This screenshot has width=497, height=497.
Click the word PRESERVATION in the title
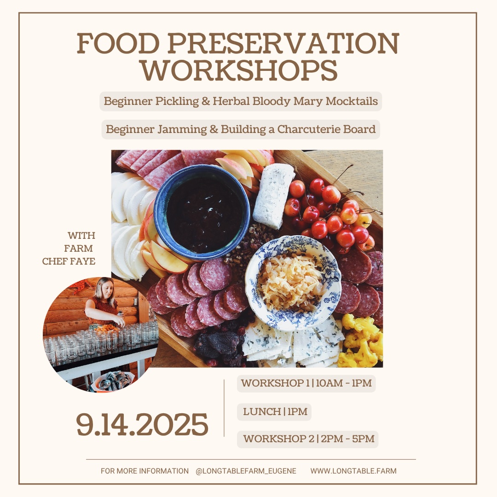(x=283, y=43)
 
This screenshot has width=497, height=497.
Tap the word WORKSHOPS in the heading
(x=239, y=70)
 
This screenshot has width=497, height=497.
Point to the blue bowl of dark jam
(x=202, y=212)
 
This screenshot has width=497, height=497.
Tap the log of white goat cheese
(x=273, y=195)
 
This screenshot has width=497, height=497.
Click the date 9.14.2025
(x=142, y=424)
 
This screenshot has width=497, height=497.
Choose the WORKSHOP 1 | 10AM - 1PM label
(x=306, y=383)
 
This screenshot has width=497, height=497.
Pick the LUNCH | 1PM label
(x=274, y=412)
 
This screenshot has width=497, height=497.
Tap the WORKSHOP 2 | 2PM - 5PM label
(x=308, y=439)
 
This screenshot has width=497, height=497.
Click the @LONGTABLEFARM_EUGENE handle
(x=246, y=471)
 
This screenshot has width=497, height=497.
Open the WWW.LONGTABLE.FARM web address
(x=353, y=471)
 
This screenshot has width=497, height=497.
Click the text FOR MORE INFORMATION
(x=144, y=471)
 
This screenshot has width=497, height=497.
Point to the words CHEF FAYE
(x=69, y=261)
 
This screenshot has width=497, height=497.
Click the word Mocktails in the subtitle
(x=352, y=101)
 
